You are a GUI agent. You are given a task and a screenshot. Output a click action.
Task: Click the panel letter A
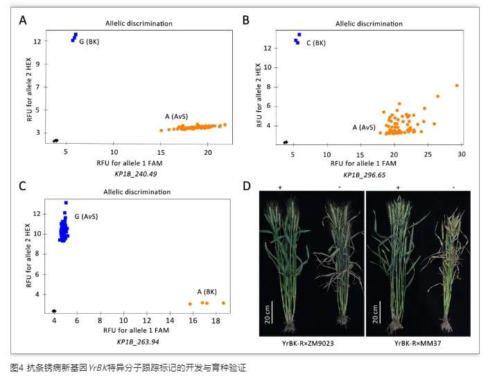pos(23,20)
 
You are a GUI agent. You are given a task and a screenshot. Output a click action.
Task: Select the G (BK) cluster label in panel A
pos(89,42)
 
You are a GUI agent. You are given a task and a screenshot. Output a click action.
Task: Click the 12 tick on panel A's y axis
pos(39,41)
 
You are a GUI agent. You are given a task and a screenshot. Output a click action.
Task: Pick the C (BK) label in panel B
pos(315,43)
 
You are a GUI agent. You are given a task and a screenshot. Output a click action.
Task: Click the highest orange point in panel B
pos(457,85)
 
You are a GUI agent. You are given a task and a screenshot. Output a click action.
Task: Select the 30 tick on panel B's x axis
pos(461,153)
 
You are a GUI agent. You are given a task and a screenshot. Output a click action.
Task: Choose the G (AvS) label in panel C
pos(87,217)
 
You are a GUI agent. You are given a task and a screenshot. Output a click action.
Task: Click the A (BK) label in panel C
pos(208,292)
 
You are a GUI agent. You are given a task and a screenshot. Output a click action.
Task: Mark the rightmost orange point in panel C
pos(223,303)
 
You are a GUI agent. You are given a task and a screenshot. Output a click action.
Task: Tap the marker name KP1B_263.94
pos(139,342)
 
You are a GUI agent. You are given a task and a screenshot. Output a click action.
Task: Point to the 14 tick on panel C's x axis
pos(168,321)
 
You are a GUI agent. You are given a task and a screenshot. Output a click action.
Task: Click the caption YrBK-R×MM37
pos(417,343)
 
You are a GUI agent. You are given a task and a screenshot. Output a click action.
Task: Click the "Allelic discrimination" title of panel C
pos(139,190)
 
